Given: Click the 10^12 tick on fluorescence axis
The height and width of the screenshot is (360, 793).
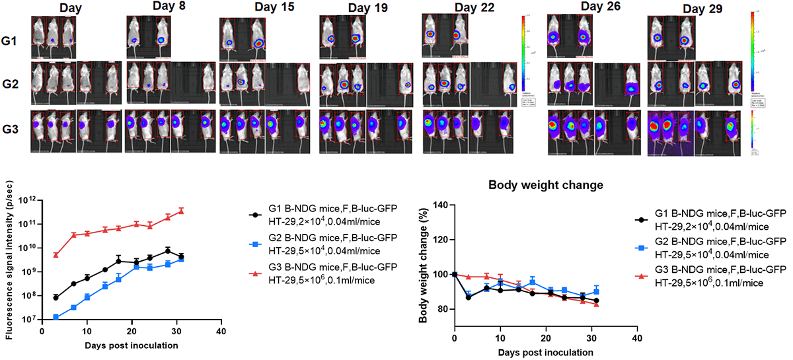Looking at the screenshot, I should coord(28,201).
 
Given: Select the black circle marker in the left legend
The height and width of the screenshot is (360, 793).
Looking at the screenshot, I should coord(254,216).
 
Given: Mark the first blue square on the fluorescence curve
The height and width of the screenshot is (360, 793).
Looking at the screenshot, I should coord(56,317).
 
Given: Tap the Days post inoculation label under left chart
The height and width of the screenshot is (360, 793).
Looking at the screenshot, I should coord(132,346).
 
